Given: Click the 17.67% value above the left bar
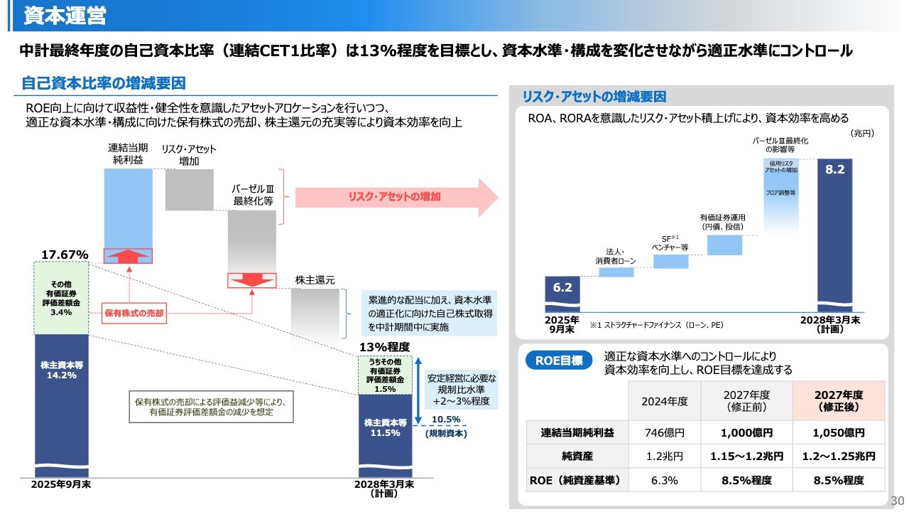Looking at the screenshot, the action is click(65, 255).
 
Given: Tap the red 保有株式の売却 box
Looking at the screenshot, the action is click(134, 313).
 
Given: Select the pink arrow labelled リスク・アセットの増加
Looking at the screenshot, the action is click(396, 197).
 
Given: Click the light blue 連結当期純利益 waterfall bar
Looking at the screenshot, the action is click(129, 215).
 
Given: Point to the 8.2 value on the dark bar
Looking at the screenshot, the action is click(834, 169).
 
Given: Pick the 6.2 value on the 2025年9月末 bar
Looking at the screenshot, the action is click(562, 288).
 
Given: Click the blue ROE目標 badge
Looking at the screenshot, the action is click(559, 361).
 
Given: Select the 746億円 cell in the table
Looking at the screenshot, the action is click(664, 433).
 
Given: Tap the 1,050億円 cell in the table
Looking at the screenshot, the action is click(839, 433).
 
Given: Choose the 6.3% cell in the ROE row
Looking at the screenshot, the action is click(664, 480).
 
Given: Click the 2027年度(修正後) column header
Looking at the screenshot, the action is click(839, 400).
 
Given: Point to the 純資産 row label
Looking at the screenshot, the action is click(577, 457).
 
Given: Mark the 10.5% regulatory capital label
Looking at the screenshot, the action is click(445, 420).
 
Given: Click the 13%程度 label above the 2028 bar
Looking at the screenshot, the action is click(384, 347).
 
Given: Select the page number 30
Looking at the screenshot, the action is click(897, 501).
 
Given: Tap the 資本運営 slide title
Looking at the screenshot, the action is click(65, 16).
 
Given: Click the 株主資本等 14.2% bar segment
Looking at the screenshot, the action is click(61, 405).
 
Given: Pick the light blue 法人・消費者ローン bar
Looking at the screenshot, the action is click(616, 272).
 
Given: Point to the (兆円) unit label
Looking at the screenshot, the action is click(862, 133).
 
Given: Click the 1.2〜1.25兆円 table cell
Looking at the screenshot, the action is click(839, 457).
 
